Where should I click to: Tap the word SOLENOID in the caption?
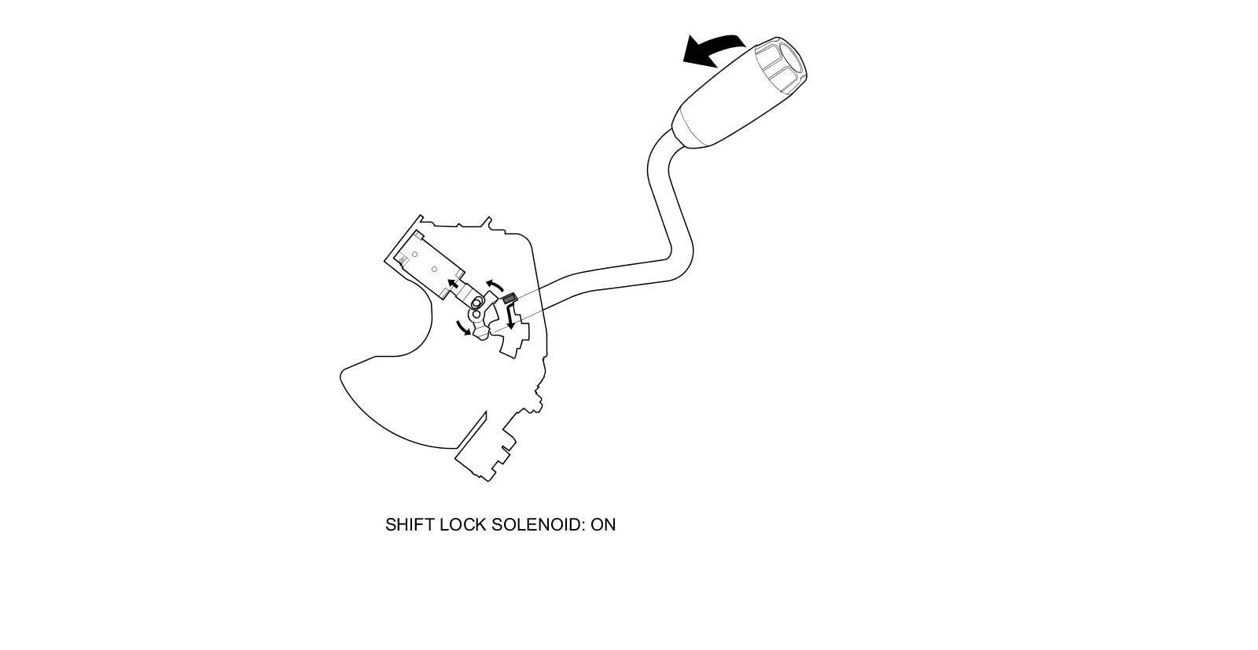coord(538,525)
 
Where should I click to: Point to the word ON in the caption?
coord(603,525)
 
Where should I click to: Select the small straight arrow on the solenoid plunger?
coord(453,284)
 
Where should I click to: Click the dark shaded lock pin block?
coord(508,299)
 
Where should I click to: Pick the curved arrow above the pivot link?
coord(495,284)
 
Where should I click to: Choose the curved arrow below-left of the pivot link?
coord(464,329)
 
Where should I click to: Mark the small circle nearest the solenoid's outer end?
coord(414,255)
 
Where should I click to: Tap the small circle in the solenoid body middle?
coord(434,270)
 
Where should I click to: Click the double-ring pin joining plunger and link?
coord(476,303)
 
